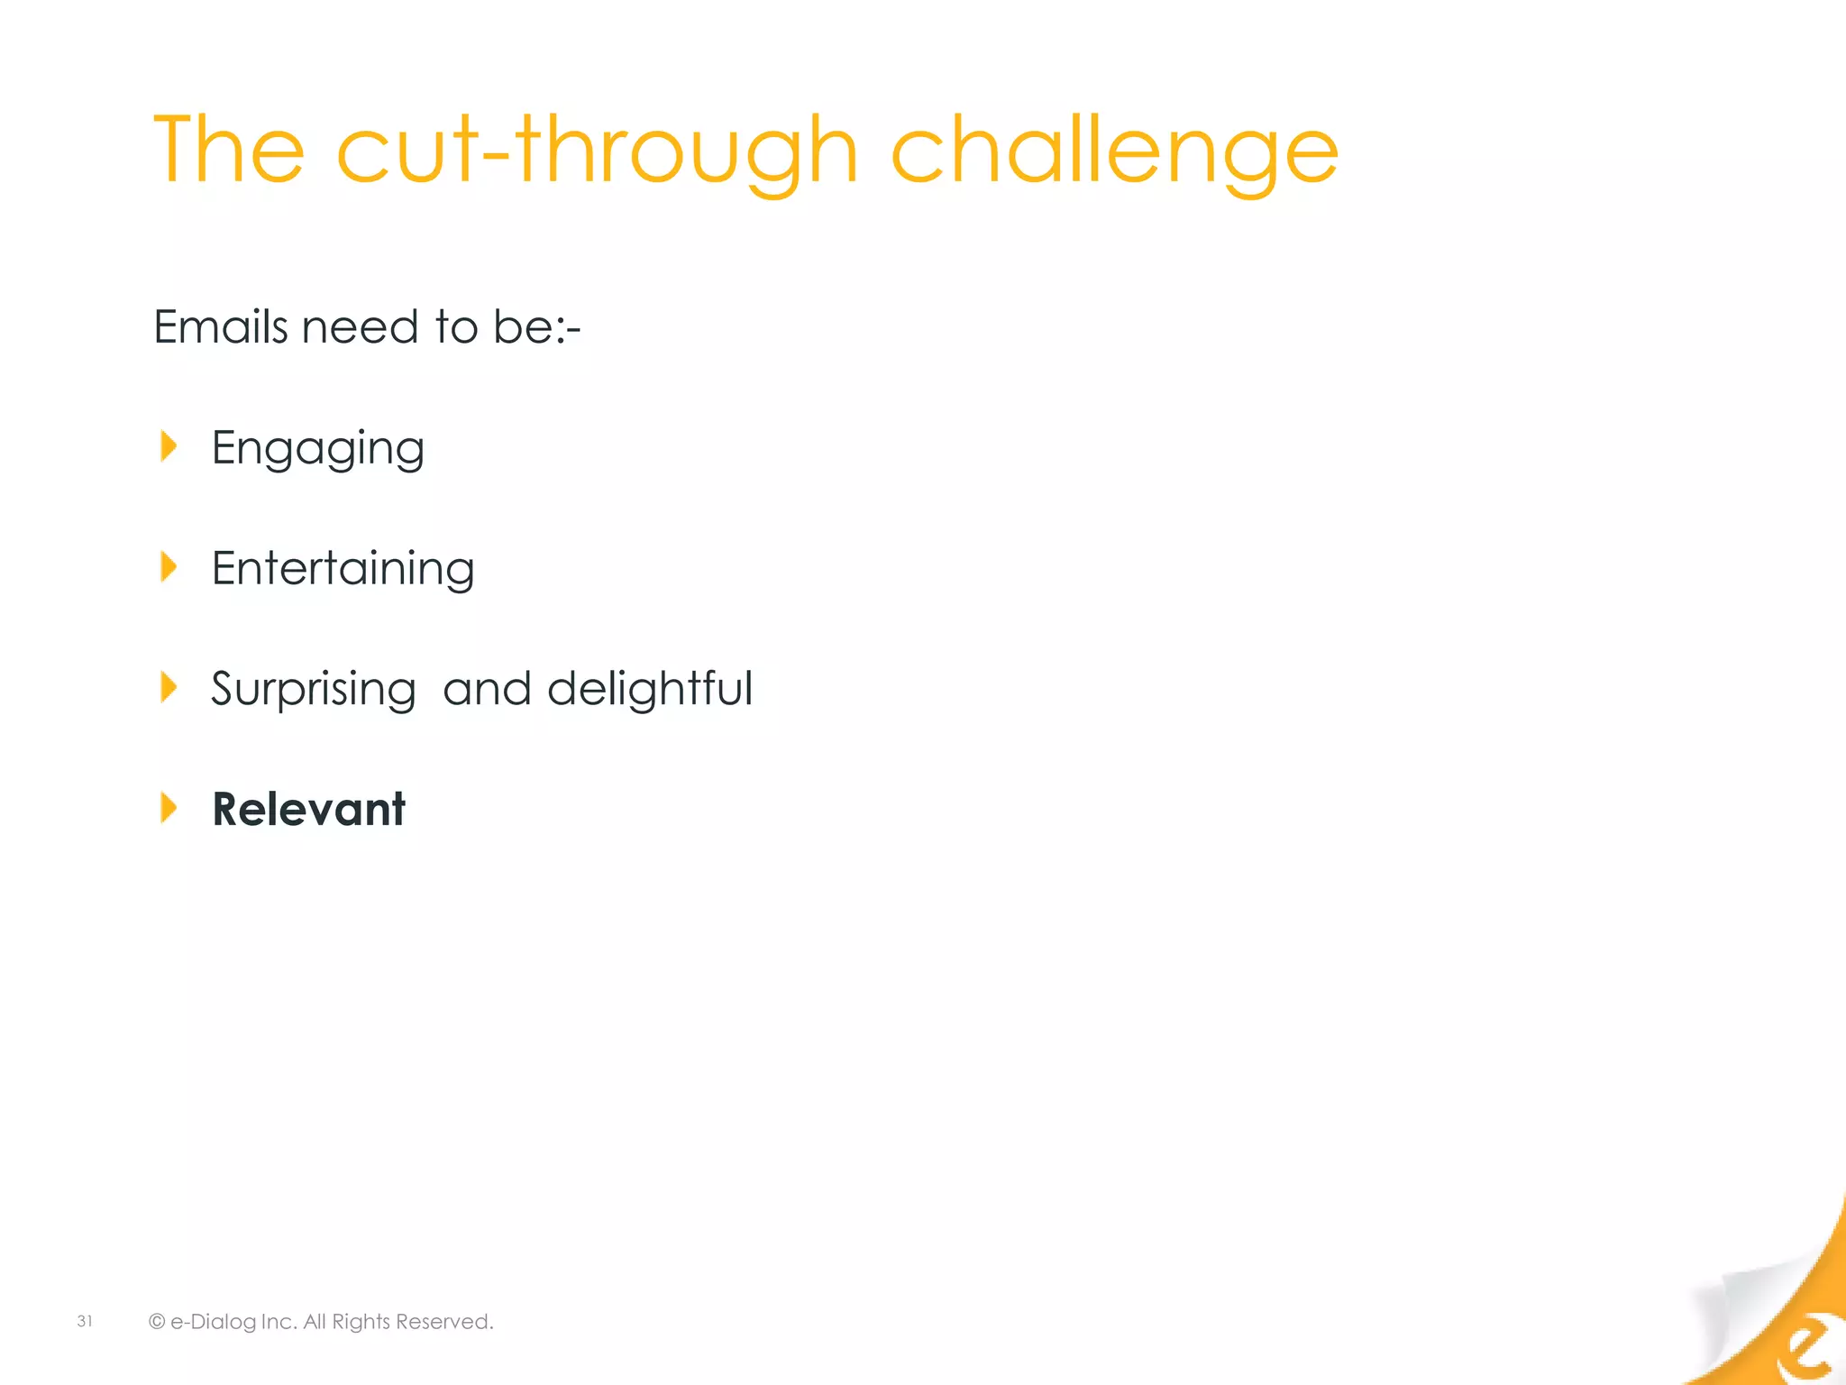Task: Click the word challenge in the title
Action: (x=1114, y=151)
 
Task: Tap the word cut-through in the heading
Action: (x=596, y=151)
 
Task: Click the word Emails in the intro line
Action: (x=221, y=326)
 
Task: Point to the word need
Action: (x=360, y=326)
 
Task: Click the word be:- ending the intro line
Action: (x=536, y=326)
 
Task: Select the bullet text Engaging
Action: (x=317, y=449)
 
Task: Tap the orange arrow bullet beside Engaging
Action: (x=169, y=446)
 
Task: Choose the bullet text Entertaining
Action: (x=343, y=569)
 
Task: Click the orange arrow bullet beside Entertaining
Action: (x=169, y=567)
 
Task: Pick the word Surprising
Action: (x=313, y=690)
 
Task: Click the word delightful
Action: (x=649, y=689)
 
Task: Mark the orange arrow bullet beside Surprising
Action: (x=169, y=687)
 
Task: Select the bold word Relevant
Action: (x=308, y=809)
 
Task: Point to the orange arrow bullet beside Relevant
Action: (x=169, y=808)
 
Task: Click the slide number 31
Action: (x=85, y=1321)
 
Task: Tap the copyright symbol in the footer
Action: (x=157, y=1322)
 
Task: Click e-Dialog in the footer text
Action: (x=213, y=1322)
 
